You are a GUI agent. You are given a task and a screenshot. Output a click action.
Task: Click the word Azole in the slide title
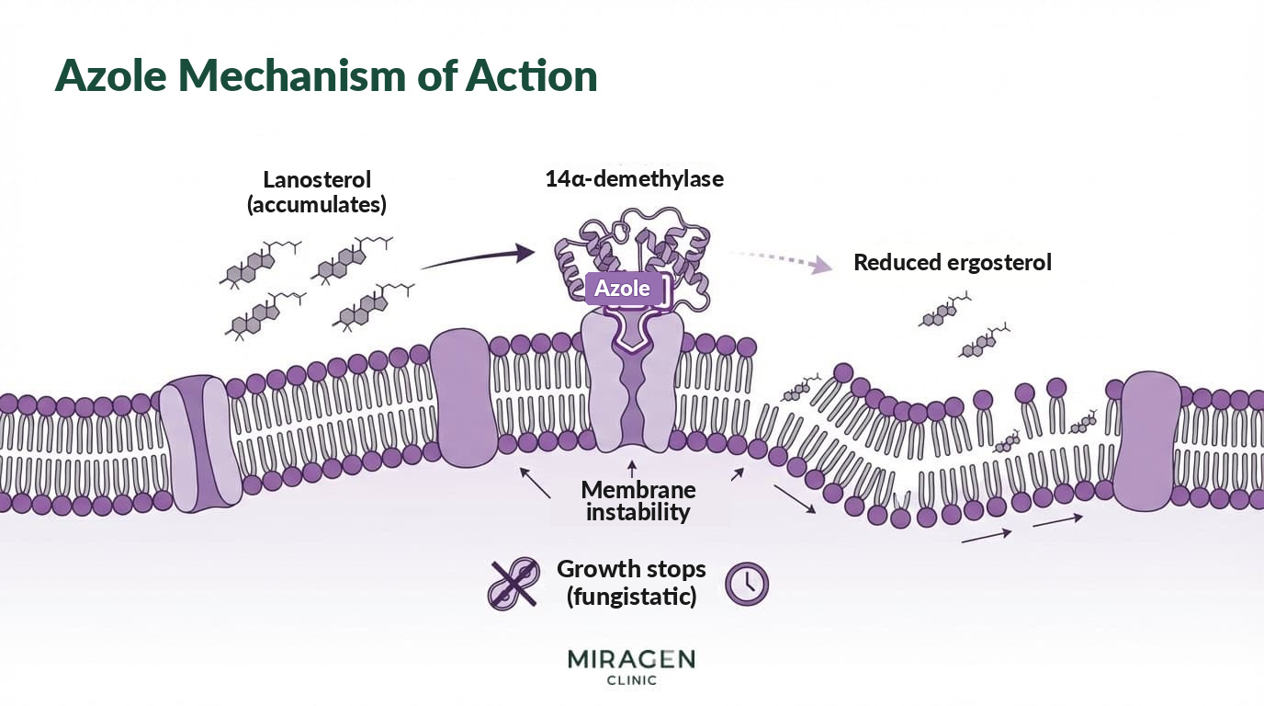(x=111, y=75)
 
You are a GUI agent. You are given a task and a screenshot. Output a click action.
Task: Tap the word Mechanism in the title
(x=292, y=75)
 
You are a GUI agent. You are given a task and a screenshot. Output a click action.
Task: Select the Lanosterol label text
(x=317, y=179)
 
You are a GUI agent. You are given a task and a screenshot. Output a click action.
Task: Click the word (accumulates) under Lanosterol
(x=317, y=204)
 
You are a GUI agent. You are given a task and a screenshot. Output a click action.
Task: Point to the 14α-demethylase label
(x=634, y=179)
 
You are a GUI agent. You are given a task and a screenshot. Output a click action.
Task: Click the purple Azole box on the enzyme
(x=624, y=289)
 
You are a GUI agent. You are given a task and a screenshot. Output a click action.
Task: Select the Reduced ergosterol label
(x=953, y=263)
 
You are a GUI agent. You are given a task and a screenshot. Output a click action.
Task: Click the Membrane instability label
(x=638, y=501)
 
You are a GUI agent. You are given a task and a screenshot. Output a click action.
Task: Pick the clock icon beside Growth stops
(x=747, y=584)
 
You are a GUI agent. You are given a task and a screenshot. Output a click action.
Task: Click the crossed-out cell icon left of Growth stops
(x=513, y=584)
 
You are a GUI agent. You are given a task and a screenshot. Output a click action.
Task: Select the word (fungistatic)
(x=631, y=597)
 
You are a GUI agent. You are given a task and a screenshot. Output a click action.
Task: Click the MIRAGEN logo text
(x=631, y=659)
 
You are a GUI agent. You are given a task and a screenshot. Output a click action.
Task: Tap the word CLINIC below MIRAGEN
(x=631, y=680)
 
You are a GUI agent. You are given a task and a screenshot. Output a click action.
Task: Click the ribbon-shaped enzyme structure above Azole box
(x=632, y=248)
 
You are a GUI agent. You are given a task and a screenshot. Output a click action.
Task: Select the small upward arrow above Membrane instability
(x=632, y=470)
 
